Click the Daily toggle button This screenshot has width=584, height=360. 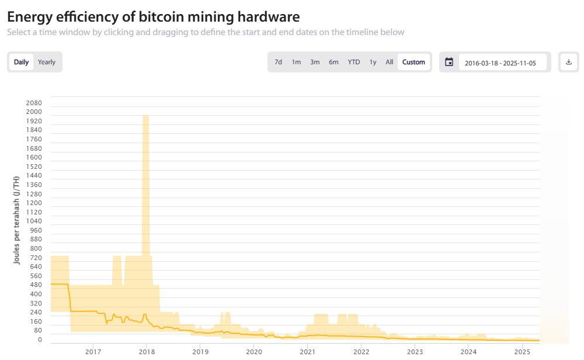22,62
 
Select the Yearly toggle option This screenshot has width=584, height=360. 47,62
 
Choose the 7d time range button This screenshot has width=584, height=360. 279,62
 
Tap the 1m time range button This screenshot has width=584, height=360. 296,62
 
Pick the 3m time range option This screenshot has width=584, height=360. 315,62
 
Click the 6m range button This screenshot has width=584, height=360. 333,62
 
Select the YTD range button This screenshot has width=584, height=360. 354,62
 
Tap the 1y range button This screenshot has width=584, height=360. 373,62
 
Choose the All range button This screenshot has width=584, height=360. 389,62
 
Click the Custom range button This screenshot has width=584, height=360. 413,62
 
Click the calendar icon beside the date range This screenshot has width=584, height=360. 449,62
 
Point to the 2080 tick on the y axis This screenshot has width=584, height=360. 34,103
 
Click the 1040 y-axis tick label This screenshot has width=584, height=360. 34,221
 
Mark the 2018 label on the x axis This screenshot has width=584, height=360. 147,352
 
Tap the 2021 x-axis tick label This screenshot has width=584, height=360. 308,352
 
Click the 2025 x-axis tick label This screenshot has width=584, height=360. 523,352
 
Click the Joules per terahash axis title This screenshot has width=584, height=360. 16,220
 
